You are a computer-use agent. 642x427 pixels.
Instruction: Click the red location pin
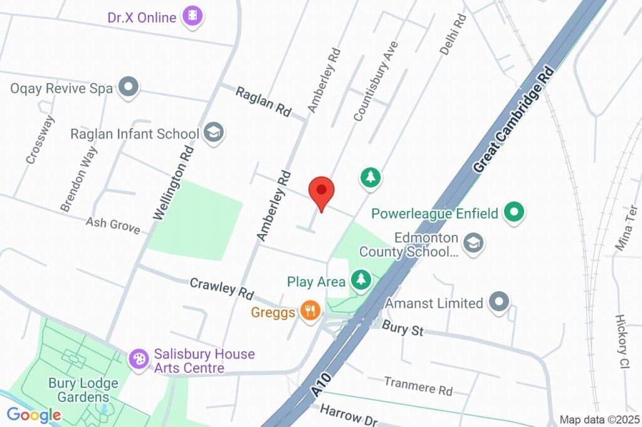322,192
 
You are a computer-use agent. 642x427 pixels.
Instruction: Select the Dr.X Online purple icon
192,17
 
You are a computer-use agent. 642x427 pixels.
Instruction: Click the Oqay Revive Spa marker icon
129,88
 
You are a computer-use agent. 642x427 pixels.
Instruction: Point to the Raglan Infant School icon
214,133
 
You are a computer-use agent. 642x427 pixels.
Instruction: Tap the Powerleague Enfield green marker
514,213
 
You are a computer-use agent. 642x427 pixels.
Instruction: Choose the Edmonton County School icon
474,243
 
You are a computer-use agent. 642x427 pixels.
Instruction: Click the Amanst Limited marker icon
499,303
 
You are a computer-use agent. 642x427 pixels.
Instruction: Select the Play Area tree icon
360,280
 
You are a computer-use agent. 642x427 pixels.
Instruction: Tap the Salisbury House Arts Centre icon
137,359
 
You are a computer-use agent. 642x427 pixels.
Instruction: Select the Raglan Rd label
263,101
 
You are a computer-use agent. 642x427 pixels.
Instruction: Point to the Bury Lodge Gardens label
79,389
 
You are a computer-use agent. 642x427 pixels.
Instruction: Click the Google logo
34,414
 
